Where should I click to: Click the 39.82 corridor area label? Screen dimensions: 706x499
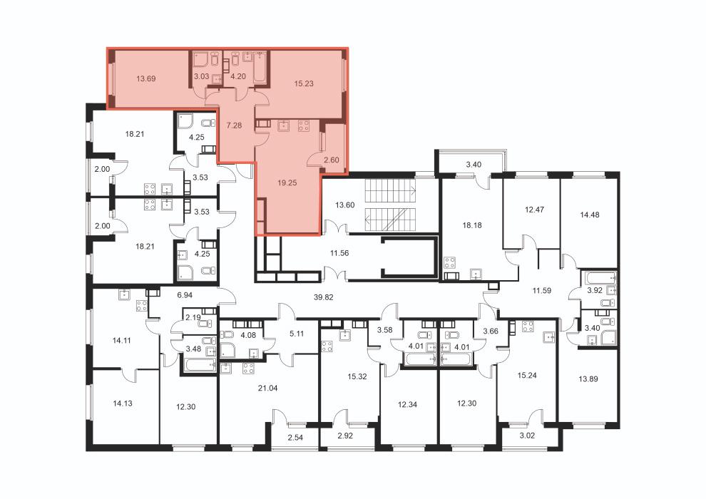pos(323,297)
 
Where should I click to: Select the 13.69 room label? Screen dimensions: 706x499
pos(146,78)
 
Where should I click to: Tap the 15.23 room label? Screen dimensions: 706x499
pos(304,83)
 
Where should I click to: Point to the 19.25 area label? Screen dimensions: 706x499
pos(287,183)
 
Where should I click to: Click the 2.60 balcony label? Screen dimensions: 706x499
pos(332,160)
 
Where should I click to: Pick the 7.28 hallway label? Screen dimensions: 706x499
pos(234,125)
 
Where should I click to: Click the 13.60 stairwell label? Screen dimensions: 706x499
pos(345,205)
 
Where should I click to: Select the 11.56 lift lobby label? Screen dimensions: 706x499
pos(339,253)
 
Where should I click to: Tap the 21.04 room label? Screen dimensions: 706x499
pos(267,389)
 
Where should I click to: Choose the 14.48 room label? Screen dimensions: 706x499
pos(589,215)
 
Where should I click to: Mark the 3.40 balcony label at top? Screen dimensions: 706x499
pos(474,165)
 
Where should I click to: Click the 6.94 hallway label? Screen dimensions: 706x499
pos(185,295)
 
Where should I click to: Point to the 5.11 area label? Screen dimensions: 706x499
pos(297,334)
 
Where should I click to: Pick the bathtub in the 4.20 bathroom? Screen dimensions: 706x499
pos(261,68)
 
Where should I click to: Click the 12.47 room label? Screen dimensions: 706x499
pos(534,210)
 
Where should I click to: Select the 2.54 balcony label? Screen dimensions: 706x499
pos(295,437)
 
